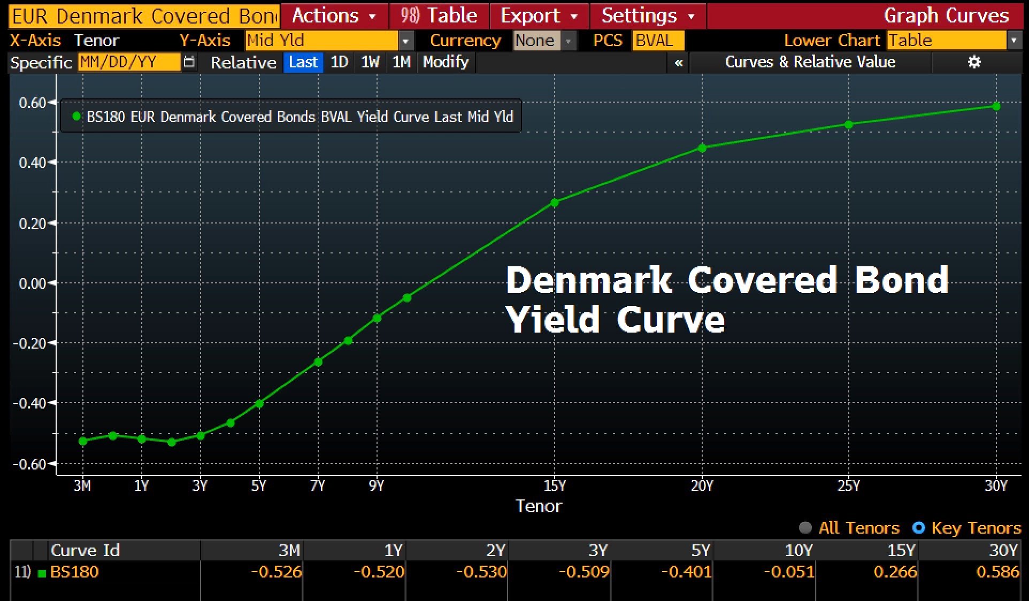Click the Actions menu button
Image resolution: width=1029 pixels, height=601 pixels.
coord(334,16)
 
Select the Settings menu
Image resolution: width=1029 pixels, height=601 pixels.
coord(648,16)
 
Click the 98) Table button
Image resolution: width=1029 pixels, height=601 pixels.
coord(439,16)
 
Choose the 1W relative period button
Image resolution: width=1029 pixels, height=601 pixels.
coord(370,62)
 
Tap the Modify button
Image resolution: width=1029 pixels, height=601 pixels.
coord(446,62)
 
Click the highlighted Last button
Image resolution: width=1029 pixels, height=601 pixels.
coord(303,62)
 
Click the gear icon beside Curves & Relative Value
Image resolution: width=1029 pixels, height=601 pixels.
coord(974,62)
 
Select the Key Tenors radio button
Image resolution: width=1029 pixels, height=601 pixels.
coord(919,528)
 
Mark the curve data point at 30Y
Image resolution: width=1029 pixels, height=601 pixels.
coord(996,106)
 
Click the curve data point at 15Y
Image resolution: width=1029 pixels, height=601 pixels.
coord(555,203)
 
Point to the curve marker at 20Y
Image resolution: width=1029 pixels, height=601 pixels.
coord(702,148)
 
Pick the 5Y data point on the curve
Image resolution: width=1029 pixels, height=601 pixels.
coord(259,404)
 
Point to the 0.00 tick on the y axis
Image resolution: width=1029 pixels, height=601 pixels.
coord(33,283)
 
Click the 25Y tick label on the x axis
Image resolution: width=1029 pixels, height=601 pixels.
coord(849,486)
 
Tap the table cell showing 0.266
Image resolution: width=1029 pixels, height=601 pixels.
coord(895,572)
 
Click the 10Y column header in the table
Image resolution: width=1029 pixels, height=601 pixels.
coord(798,550)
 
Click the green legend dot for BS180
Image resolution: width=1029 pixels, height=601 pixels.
coord(76,116)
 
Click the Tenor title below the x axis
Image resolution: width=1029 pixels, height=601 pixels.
coord(539,506)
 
